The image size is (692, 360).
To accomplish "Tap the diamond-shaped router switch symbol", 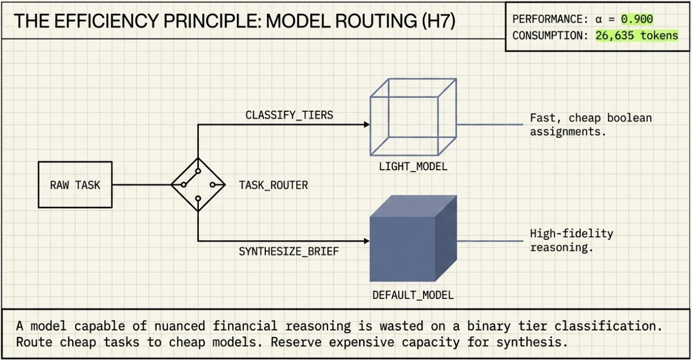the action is click(x=198, y=184).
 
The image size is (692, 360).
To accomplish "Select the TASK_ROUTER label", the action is click(x=273, y=185).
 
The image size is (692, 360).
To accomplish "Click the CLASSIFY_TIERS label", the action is click(x=289, y=115).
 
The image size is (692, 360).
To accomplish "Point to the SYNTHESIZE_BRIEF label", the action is click(x=289, y=251).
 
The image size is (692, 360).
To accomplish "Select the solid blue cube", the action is click(x=413, y=238).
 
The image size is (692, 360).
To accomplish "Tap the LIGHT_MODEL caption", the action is click(x=413, y=167).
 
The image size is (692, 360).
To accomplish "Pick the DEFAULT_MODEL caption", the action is click(x=413, y=295).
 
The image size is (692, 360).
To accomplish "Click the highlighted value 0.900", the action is click(x=637, y=19).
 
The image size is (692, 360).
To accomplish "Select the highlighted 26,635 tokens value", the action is click(x=637, y=35).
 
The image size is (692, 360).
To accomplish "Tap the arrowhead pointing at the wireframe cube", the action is click(x=367, y=124).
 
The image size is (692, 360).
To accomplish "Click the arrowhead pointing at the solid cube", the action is click(x=367, y=241).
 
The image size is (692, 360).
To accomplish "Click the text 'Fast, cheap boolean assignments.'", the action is click(x=591, y=125).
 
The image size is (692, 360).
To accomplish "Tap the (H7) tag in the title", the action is click(x=438, y=21).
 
